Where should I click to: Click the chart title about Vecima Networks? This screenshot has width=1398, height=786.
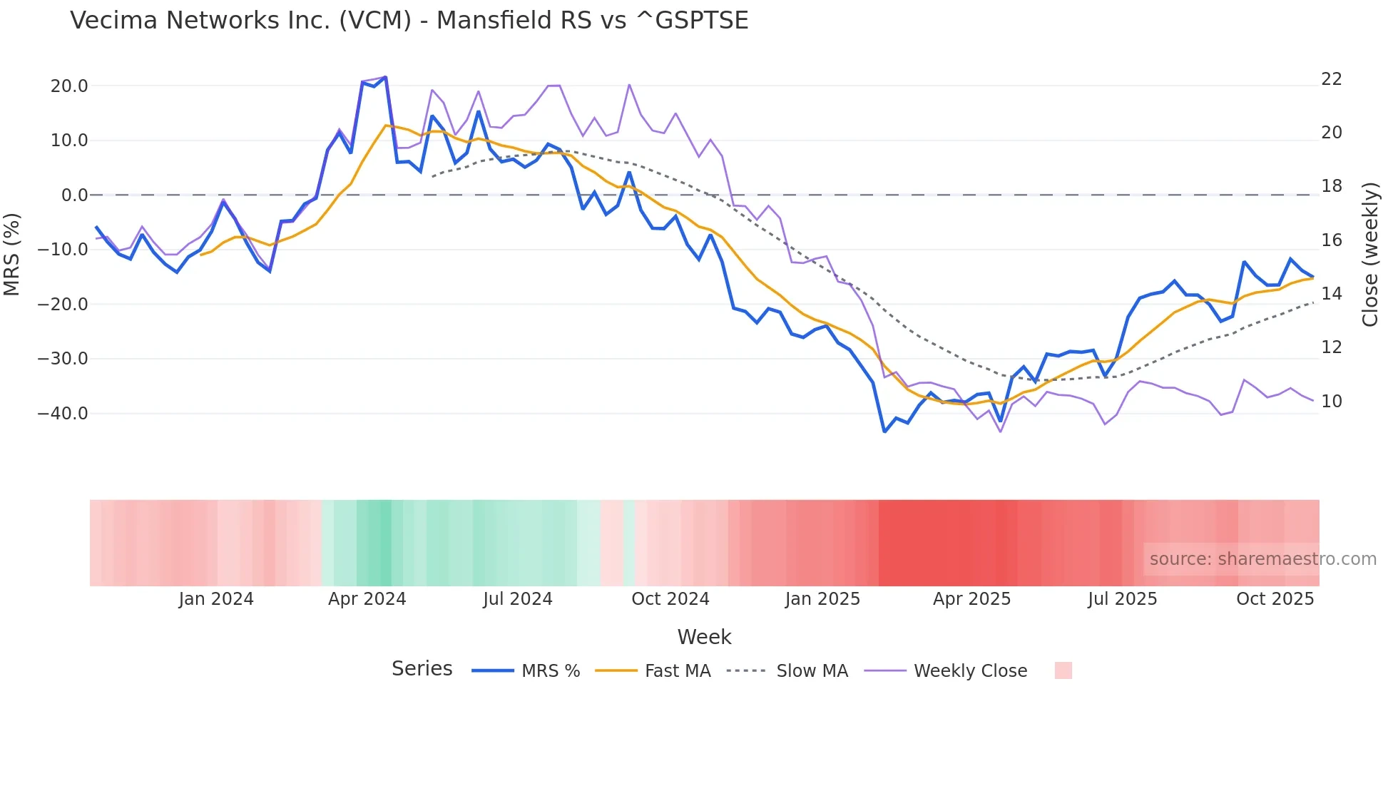click(409, 21)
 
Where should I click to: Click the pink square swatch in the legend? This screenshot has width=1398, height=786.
click(1063, 670)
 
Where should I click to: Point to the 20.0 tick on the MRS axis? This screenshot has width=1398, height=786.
click(69, 86)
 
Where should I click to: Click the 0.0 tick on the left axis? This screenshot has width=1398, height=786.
click(75, 195)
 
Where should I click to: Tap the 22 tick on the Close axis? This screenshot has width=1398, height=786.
click(1331, 79)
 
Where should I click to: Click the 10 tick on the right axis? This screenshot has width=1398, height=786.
click(1331, 402)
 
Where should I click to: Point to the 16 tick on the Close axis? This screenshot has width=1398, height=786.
click(1331, 240)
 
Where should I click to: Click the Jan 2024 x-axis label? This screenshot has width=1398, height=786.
click(216, 599)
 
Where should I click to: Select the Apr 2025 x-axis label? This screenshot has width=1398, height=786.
click(971, 599)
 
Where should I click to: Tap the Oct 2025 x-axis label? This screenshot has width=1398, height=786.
click(1275, 599)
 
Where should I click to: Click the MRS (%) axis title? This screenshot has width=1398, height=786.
click(12, 254)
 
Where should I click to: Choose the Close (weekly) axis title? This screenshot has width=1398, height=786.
click(1369, 255)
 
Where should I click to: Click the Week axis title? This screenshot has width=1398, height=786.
click(704, 637)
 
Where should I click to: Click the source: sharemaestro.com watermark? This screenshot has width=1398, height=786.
click(1262, 559)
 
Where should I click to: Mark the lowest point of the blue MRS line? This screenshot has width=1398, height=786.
click(884, 432)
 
